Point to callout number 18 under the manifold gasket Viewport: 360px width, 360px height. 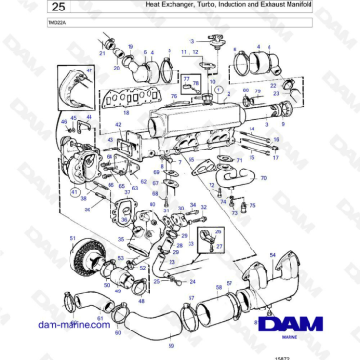pyautogui.click(x=125, y=112)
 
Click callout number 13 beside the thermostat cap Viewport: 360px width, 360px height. pyautogui.click(x=190, y=42)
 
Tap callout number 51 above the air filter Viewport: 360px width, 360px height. pyautogui.click(x=72, y=237)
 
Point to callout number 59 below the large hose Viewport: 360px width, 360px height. pyautogui.click(x=171, y=344)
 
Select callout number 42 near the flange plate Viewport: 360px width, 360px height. pyautogui.click(x=118, y=125)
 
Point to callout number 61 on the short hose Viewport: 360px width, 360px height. pyautogui.click(x=113, y=318)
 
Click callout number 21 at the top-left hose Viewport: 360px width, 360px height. pyautogui.click(x=102, y=52)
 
